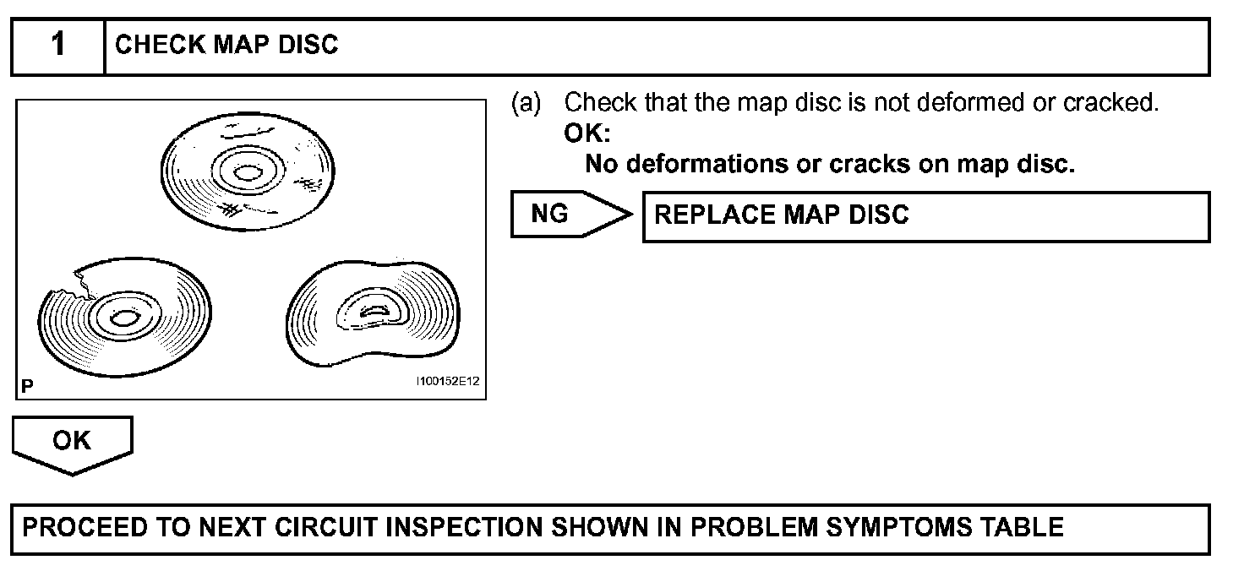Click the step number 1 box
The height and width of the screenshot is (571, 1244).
[x=57, y=46]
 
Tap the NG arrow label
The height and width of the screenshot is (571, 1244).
[x=551, y=215]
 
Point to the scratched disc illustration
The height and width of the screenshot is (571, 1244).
[x=248, y=173]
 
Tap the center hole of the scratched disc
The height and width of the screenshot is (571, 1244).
[x=247, y=173]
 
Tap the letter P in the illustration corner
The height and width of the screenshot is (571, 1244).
[x=28, y=387]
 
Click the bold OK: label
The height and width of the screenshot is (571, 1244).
[x=587, y=133]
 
